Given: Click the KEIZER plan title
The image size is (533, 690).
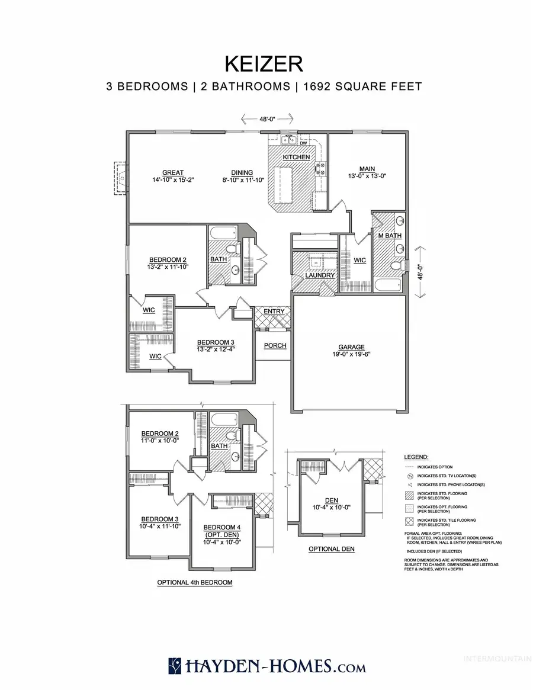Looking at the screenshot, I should pyautogui.click(x=266, y=63).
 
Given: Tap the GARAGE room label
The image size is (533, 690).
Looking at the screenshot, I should pyautogui.click(x=352, y=347).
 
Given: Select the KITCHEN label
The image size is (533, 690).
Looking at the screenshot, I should pyautogui.click(x=296, y=157).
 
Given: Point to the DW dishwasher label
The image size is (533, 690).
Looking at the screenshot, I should pyautogui.click(x=303, y=143).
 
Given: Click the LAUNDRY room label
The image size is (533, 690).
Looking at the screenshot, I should pyautogui.click(x=320, y=275).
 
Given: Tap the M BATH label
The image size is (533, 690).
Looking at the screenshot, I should pyautogui.click(x=390, y=236).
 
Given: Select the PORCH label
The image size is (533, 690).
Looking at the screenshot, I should pyautogui.click(x=275, y=345).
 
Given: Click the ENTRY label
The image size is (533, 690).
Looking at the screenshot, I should pyautogui.click(x=274, y=312).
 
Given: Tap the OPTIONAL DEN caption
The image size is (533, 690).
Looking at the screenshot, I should pyautogui.click(x=332, y=549).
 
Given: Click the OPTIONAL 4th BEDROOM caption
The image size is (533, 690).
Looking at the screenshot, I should pyautogui.click(x=194, y=582).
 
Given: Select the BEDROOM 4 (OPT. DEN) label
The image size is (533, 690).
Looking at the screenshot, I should pyautogui.click(x=220, y=531).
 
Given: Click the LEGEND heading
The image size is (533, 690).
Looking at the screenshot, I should pyautogui.click(x=416, y=458).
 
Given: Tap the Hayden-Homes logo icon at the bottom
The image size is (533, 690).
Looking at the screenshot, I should pyautogui.click(x=175, y=666).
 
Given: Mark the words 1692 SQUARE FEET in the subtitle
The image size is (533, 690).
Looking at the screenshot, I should pyautogui.click(x=362, y=86).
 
